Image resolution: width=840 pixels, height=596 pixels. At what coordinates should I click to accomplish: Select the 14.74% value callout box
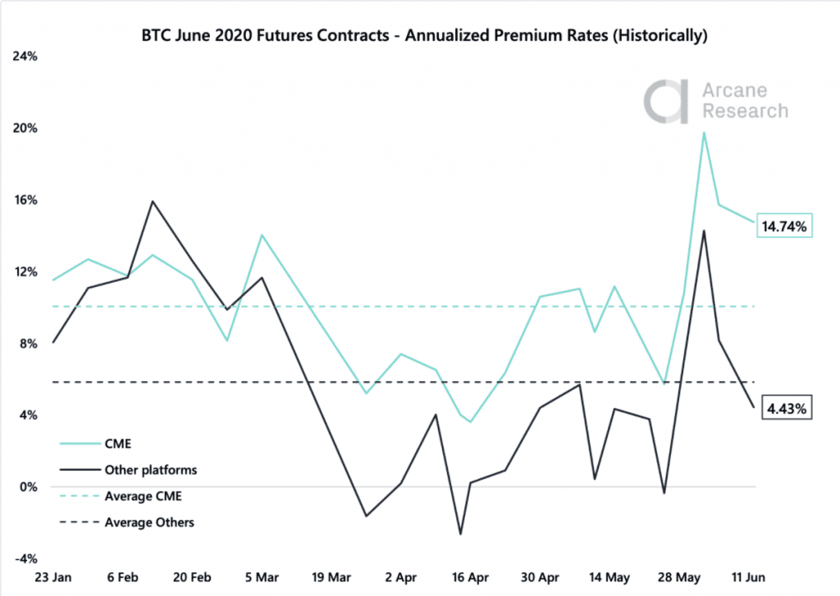[783, 225]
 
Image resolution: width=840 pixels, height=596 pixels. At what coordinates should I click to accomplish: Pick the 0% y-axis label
[29, 487]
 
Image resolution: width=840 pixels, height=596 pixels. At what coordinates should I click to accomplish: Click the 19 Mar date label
[328, 577]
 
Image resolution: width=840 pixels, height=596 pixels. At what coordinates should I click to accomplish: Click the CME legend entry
[118, 444]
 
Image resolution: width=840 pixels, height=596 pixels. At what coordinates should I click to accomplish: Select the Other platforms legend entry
[150, 470]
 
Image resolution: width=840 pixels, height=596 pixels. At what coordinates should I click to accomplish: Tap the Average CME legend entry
[143, 496]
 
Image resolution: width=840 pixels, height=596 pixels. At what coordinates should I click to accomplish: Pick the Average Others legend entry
[148, 522]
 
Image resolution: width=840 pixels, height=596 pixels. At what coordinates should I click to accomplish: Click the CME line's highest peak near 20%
[704, 132]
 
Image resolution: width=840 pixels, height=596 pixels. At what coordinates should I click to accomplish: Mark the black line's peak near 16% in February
[153, 201]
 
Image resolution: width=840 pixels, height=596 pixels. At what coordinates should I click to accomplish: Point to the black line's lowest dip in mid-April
[461, 535]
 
